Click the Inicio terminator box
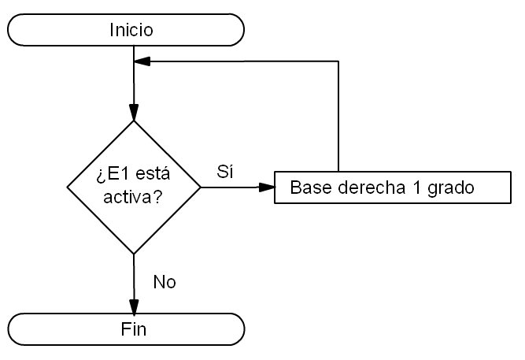(126, 31)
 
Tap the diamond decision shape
(134, 187)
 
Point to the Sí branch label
(225, 172)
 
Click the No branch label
(165, 282)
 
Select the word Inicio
(131, 31)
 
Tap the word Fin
(134, 328)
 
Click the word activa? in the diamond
(132, 197)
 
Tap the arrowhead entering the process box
(268, 187)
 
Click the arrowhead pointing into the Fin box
(134, 307)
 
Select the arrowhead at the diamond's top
(134, 114)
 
